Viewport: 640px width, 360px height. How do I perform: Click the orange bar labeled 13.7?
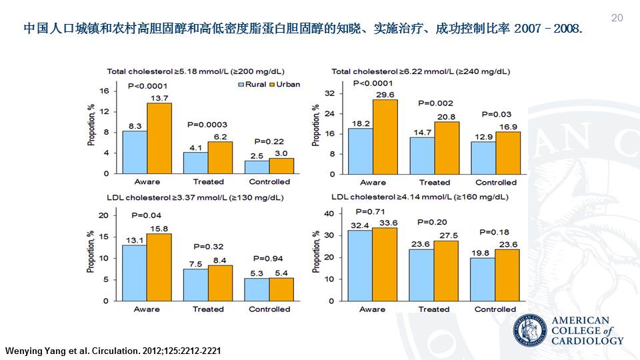click(x=159, y=138)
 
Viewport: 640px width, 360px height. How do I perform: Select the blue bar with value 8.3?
click(x=135, y=152)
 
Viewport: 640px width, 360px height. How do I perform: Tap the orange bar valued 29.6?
click(x=385, y=137)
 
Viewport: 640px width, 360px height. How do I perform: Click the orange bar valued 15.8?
click(x=159, y=267)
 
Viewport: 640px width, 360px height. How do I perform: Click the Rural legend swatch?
click(x=241, y=85)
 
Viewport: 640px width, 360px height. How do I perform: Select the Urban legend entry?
click(x=285, y=85)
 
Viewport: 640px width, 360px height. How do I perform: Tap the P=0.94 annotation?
click(x=269, y=258)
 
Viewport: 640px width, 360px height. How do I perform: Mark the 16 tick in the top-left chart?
click(x=104, y=91)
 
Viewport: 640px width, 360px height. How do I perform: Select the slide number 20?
click(x=617, y=18)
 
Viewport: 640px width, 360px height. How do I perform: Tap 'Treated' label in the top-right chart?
click(x=435, y=182)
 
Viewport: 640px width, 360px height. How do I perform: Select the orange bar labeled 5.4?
click(x=282, y=289)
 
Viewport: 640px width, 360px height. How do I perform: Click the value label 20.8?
click(x=447, y=117)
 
